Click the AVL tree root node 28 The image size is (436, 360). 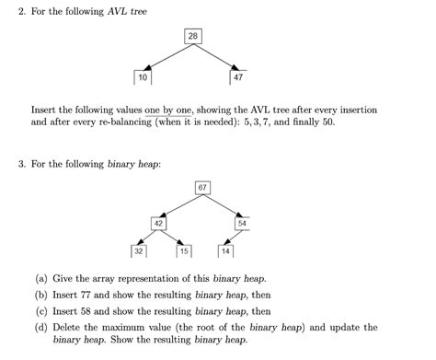click(x=193, y=36)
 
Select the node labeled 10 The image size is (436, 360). click(x=143, y=77)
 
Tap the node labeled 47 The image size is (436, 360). click(x=238, y=77)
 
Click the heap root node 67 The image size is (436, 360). click(x=202, y=188)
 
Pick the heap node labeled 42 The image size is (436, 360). click(x=159, y=223)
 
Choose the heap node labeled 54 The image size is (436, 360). click(x=242, y=223)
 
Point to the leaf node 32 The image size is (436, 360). click(x=139, y=250)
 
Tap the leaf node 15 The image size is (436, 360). click(x=184, y=250)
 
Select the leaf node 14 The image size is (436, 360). click(x=225, y=250)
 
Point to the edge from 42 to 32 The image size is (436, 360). click(x=147, y=237)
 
